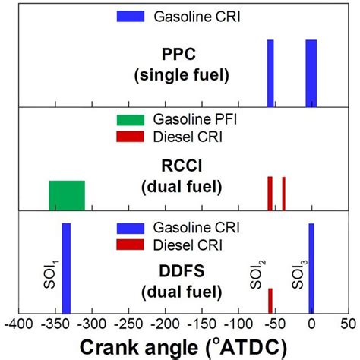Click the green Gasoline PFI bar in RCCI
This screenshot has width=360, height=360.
[67, 194]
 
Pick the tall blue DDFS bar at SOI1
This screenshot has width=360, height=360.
[66, 267]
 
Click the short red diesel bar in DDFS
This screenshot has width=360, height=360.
[270, 300]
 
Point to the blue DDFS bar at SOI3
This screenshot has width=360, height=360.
[311, 267]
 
